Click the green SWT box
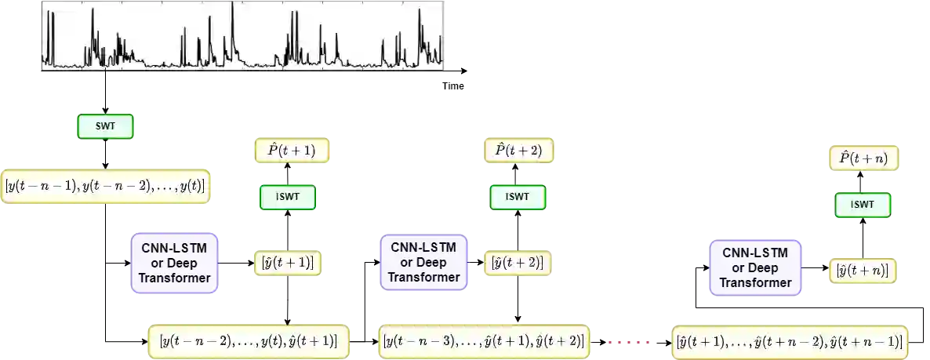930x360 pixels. click(x=105, y=127)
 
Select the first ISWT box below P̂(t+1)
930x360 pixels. click(x=287, y=197)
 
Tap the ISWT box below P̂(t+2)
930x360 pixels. click(x=518, y=197)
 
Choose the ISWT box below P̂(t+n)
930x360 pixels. click(x=862, y=205)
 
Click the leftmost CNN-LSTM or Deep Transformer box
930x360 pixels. click(x=175, y=264)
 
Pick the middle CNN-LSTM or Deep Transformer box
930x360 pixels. click(x=423, y=262)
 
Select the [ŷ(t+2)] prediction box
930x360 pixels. click(x=518, y=262)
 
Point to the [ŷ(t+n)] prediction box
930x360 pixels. click(x=863, y=271)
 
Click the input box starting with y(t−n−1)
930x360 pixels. click(x=106, y=187)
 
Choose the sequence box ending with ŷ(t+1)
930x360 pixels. click(x=248, y=341)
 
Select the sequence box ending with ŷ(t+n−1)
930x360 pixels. click(x=790, y=341)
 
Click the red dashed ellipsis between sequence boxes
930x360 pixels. click(x=630, y=342)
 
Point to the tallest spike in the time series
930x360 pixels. click(x=232, y=6)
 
